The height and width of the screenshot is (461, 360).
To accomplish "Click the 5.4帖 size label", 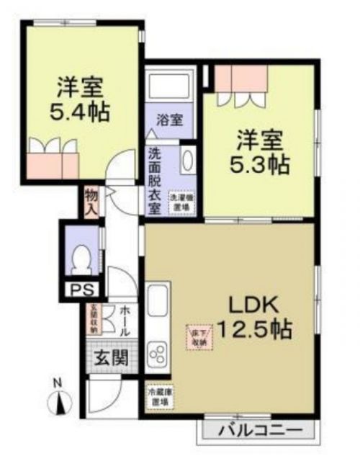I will pyautogui.click(x=81, y=112).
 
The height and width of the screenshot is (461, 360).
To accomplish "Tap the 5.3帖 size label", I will pyautogui.click(x=261, y=165).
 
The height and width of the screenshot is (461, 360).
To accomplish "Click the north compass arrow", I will pyautogui.click(x=61, y=403).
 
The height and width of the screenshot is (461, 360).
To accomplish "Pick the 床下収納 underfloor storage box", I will pyautogui.click(x=199, y=336).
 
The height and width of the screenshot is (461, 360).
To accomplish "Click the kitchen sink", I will pyautogui.click(x=157, y=306).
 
